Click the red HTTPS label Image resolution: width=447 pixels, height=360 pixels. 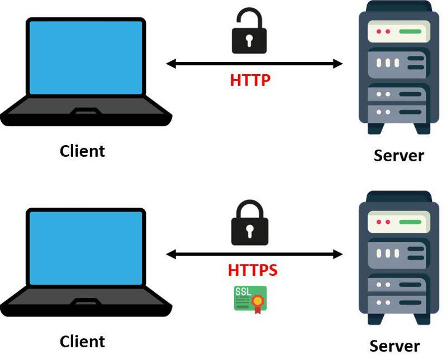[253, 271]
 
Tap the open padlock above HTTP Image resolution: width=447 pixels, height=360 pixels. [249, 33]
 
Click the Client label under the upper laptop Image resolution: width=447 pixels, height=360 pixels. [82, 151]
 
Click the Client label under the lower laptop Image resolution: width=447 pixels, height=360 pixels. [82, 341]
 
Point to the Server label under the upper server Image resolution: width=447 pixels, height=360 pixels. [398, 155]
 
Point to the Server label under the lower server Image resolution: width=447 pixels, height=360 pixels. [394, 345]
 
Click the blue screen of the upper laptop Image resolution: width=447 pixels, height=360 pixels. [85, 58]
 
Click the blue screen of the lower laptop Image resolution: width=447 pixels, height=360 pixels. [85, 248]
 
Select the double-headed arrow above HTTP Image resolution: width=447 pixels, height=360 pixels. [254, 64]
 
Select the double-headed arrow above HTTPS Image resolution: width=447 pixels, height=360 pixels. [254, 255]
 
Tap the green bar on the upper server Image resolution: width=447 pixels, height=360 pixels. [410, 31]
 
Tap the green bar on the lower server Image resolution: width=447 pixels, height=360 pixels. [410, 222]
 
